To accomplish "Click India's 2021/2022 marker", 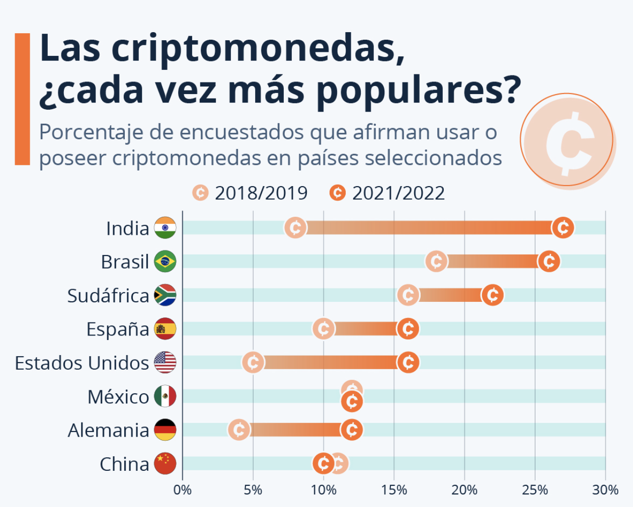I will (x=563, y=228).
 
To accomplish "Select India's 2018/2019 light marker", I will (x=295, y=228).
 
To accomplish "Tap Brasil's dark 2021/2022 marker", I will (x=548, y=262).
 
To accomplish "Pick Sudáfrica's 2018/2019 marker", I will (x=408, y=295).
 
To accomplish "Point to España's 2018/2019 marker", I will (x=324, y=329).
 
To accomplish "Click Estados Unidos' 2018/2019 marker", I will (x=253, y=363).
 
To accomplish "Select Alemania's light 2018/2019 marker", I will (x=239, y=430).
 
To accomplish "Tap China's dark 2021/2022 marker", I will (x=323, y=464).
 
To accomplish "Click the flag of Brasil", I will (x=165, y=262).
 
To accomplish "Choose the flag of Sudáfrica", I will (x=165, y=295).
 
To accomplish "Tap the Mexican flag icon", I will (x=165, y=396).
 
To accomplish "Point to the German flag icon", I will (x=165, y=430).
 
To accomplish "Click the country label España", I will (x=118, y=329).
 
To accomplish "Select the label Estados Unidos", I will (x=82, y=363).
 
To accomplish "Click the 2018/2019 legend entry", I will (x=250, y=193).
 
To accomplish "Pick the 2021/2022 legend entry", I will (x=387, y=193).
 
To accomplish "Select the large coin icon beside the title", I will (x=568, y=140).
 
